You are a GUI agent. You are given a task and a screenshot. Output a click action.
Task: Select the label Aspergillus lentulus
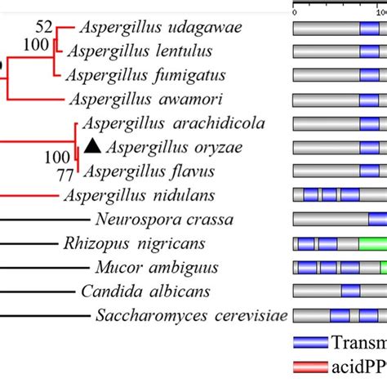pyautogui.click(x=140, y=51)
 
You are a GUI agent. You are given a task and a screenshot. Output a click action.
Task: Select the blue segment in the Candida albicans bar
pyautogui.click(x=349, y=291)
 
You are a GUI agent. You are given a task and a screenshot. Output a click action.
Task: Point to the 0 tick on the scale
pyautogui.click(x=295, y=11)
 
